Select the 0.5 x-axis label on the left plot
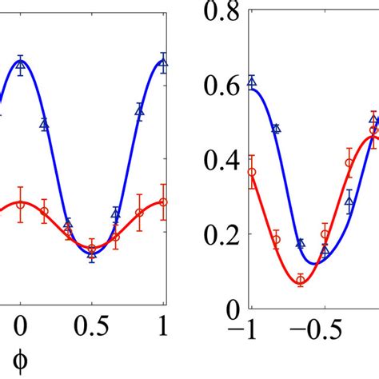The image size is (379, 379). (92, 329)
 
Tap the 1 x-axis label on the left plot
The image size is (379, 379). (164, 329)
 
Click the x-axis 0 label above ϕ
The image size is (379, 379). (21, 329)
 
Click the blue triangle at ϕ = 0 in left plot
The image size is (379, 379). (21, 64)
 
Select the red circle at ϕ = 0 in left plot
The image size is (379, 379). (21, 205)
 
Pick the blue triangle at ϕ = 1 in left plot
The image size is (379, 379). (164, 62)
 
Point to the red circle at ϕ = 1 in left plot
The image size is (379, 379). (164, 202)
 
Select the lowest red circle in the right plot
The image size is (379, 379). (301, 279)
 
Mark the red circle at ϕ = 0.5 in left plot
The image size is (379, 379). (92, 248)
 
